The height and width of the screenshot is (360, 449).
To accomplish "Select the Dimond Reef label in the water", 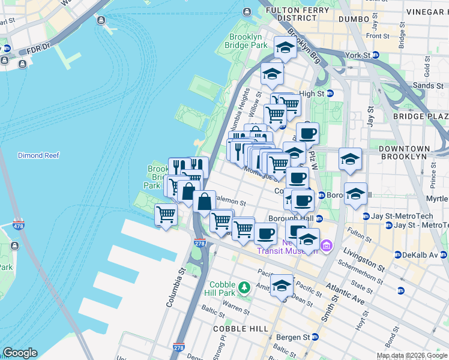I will [38, 155].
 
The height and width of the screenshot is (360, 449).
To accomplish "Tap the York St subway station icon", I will [376, 55].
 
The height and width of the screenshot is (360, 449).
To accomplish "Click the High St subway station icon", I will [330, 94].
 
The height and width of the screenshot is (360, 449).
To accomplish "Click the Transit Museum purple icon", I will [326, 245].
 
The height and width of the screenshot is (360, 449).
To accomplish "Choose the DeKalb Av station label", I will [420, 255].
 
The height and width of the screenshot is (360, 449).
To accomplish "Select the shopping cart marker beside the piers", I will [166, 214].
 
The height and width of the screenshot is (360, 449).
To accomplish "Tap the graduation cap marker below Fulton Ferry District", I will [285, 47].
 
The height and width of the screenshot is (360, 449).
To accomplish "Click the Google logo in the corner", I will [20, 353].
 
